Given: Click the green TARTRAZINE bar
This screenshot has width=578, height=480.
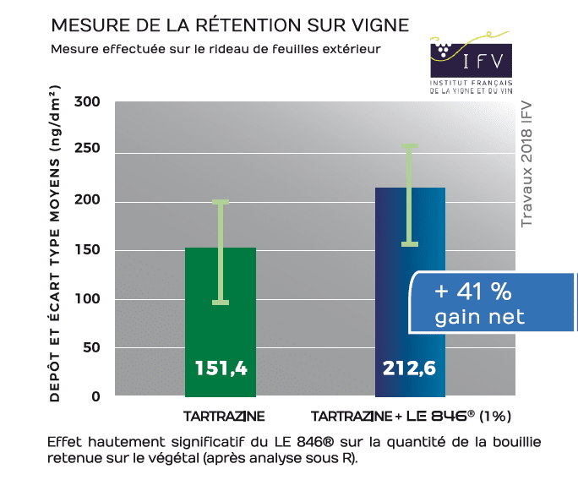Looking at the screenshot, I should (220, 321).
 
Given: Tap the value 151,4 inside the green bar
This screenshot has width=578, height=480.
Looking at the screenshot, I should (221, 368).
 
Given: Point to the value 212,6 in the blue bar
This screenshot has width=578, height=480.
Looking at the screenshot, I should (409, 368).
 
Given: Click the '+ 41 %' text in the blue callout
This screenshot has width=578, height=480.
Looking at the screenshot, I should (473, 292).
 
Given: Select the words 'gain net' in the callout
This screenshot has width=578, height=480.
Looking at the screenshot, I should (479, 318).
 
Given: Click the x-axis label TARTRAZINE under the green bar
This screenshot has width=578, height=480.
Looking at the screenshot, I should (224, 417).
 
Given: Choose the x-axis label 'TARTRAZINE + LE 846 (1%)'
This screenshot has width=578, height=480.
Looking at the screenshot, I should (412, 417).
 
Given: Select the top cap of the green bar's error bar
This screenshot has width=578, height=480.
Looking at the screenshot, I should (221, 202).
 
